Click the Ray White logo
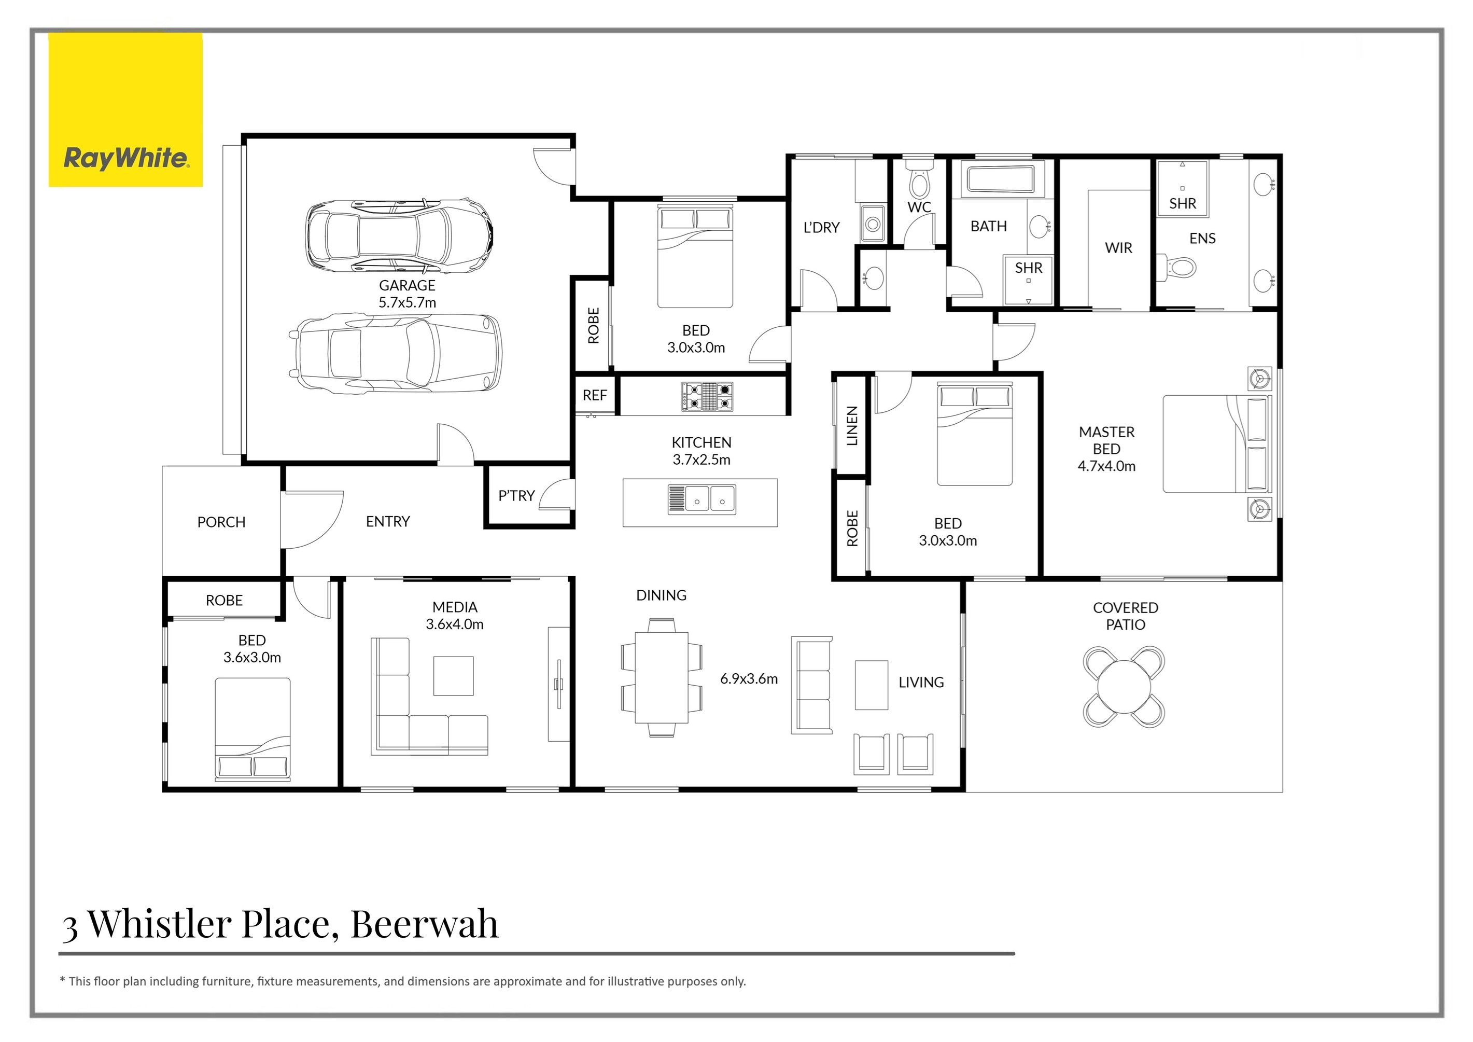126,158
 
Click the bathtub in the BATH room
1000,179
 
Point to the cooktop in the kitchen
707,396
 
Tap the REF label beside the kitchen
595,395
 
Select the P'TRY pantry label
516,495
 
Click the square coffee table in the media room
453,676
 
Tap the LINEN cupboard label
852,425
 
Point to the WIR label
1118,248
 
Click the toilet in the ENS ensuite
1179,268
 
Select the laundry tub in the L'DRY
872,223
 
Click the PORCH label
221,522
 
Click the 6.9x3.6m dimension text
749,679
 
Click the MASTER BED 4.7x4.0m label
1106,449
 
